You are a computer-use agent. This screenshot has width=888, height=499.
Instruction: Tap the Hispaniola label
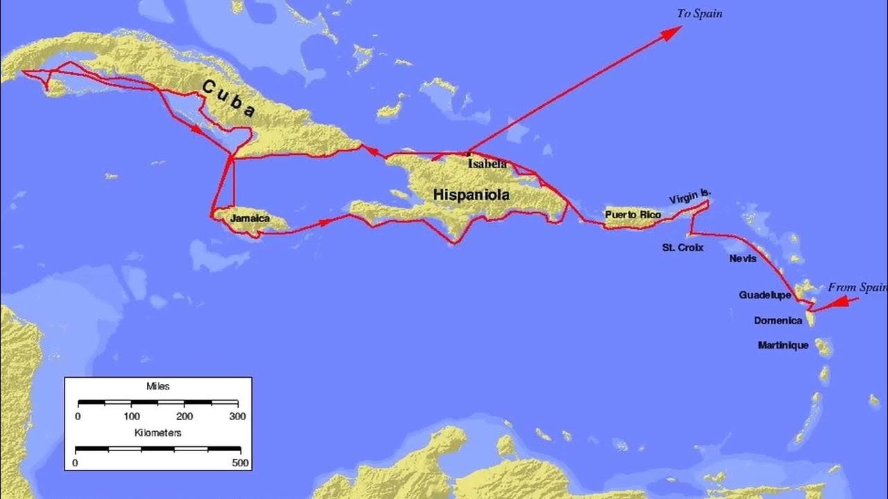[471, 195]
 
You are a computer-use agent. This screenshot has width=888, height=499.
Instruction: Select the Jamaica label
[250, 218]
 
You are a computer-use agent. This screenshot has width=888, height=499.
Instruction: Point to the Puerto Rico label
[633, 215]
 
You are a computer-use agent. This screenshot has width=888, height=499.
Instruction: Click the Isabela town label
[488, 164]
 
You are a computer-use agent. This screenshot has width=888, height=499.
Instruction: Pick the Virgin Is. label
[690, 196]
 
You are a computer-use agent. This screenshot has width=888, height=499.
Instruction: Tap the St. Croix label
[683, 247]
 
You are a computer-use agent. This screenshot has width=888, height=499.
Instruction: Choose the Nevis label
[743, 259]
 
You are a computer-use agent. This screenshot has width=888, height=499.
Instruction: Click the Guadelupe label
[765, 295]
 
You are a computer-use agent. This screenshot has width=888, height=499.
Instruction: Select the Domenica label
[778, 321]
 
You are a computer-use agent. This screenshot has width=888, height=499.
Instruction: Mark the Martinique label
[783, 345]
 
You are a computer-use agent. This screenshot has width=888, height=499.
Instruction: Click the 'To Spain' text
[699, 14]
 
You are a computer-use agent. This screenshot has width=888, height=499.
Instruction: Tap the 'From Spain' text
[857, 287]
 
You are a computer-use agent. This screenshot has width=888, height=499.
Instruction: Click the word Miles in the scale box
[158, 386]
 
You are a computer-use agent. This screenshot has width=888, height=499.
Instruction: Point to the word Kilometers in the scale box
[158, 432]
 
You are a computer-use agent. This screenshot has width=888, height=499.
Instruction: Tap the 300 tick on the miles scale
[238, 417]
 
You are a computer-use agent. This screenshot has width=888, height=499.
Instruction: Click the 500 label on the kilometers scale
[241, 463]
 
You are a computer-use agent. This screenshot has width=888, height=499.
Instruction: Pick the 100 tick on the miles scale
[131, 417]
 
